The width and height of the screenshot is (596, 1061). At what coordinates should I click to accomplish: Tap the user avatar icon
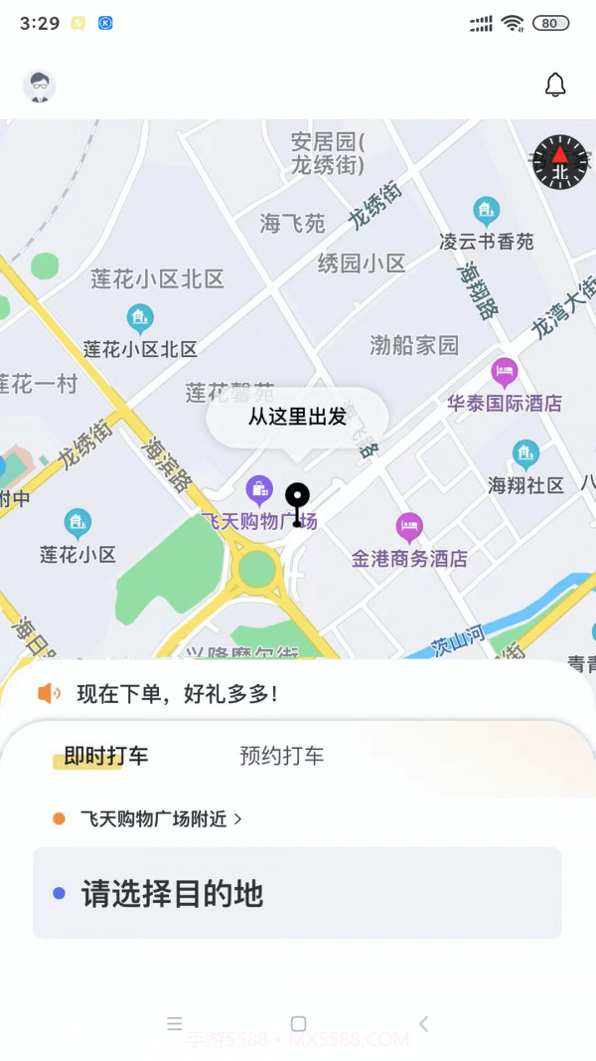(40, 87)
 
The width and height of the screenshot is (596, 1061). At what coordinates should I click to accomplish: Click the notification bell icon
(555, 86)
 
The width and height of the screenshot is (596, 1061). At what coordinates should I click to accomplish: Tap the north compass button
(560, 162)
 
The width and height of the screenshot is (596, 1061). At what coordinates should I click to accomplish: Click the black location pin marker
(297, 501)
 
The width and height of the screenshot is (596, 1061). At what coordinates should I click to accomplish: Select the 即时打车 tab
(106, 756)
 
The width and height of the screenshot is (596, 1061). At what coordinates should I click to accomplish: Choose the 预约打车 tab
(282, 756)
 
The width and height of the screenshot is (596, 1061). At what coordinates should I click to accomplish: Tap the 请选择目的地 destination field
(297, 893)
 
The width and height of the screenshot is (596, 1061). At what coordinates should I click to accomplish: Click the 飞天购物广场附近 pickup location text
(154, 819)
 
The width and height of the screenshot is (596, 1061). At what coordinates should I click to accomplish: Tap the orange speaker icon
(49, 694)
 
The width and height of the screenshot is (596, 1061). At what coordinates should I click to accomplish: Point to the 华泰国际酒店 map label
(504, 403)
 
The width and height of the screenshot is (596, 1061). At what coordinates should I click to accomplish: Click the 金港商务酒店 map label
(409, 559)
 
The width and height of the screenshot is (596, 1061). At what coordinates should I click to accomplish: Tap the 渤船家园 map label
(414, 345)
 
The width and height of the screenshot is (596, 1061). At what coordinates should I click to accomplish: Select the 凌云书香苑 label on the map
(487, 242)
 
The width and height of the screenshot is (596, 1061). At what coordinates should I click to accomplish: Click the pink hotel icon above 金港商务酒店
(409, 526)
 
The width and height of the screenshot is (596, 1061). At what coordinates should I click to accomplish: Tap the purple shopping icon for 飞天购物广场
(259, 488)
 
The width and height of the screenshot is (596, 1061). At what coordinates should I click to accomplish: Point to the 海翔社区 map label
(526, 485)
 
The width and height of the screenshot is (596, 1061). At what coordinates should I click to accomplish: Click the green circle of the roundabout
(257, 569)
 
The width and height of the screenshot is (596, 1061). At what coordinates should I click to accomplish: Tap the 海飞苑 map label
(293, 224)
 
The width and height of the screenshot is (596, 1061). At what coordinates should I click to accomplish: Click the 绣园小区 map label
(362, 264)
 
